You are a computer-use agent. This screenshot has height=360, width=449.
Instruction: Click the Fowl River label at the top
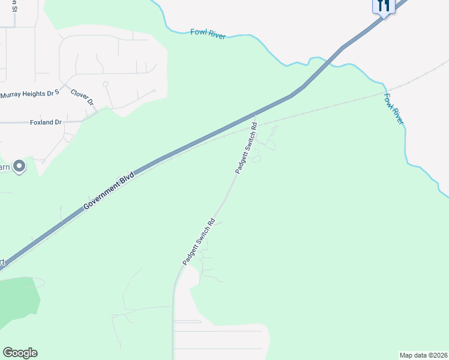coord(208,34)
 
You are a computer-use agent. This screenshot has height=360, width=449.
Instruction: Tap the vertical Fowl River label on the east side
coord(394,109)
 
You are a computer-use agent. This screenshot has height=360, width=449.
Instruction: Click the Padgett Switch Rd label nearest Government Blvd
coord(246,148)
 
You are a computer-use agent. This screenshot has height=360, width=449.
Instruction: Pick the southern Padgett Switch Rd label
coord(199,241)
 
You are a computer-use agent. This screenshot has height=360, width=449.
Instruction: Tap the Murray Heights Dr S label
coord(30,94)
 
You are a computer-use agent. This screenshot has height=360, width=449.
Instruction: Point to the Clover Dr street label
coord(83,97)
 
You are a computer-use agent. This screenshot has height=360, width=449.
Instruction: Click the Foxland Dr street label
coord(46,122)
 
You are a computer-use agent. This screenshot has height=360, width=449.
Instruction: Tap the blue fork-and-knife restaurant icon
coord(383,6)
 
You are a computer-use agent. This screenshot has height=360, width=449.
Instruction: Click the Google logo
coord(20,353)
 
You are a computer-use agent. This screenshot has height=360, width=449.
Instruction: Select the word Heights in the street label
coord(37,94)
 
